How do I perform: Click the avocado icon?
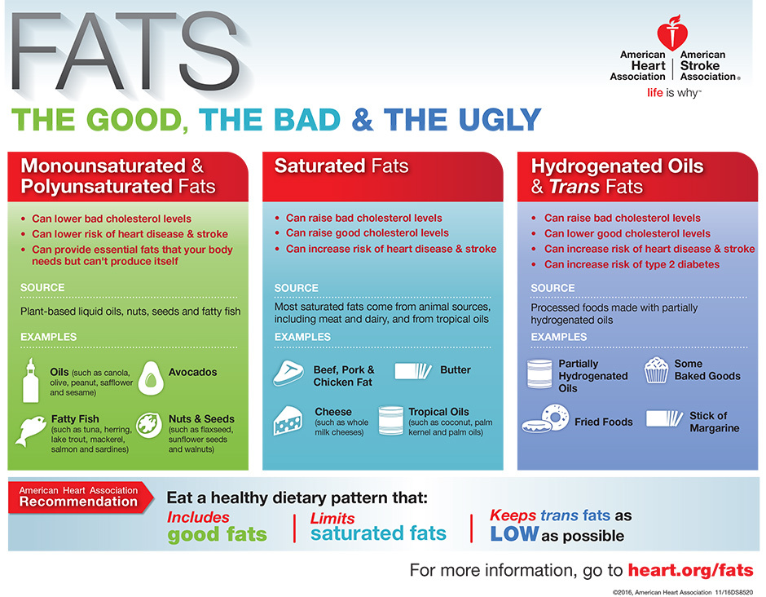(151, 378)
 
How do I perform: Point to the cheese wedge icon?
(288, 421)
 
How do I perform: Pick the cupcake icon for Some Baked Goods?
(656, 370)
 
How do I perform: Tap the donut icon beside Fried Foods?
(546, 418)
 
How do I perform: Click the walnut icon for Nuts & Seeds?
(149, 426)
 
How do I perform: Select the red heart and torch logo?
(672, 33)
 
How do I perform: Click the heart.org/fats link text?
(690, 570)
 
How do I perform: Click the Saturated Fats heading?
(341, 166)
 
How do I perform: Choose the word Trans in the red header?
(574, 186)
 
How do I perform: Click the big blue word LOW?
(514, 534)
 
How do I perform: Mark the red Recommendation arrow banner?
(81, 497)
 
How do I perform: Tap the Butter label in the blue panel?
(456, 370)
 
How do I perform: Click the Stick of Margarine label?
(714, 422)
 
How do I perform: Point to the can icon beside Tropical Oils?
(391, 421)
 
